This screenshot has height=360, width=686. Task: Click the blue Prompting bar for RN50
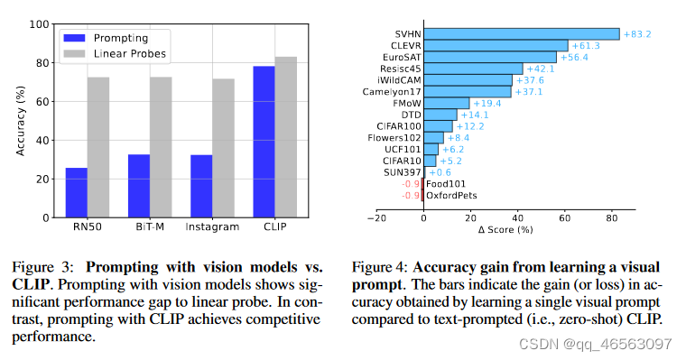[77, 192]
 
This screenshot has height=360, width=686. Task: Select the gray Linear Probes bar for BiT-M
[161, 147]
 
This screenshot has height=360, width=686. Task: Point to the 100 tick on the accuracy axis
[40, 24]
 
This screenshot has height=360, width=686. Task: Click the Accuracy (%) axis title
[20, 121]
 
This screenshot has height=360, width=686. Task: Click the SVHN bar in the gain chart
[521, 33]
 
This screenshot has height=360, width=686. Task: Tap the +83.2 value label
[637, 33]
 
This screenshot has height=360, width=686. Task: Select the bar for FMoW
[446, 103]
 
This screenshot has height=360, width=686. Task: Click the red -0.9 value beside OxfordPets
[411, 195]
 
